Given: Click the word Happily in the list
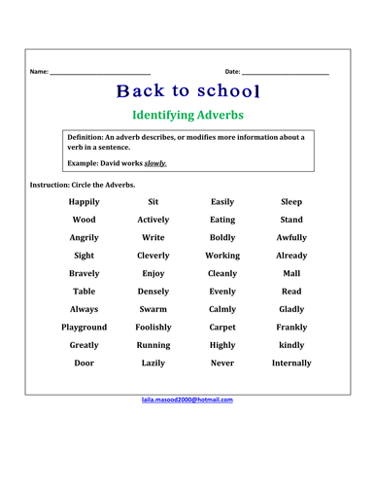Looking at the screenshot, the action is (x=85, y=202).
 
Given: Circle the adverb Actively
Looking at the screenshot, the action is (x=153, y=220).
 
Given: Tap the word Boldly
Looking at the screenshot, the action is (x=222, y=238).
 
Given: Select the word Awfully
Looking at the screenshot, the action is (x=291, y=238).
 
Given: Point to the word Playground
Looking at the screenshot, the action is (x=85, y=328).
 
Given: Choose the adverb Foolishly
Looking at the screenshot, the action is (x=153, y=328).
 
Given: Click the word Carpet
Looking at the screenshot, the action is (x=222, y=328).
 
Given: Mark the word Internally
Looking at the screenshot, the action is (x=291, y=364).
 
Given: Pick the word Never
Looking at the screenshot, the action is (x=222, y=364).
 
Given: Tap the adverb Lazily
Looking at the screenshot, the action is (x=153, y=364).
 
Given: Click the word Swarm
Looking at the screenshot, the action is (x=153, y=309).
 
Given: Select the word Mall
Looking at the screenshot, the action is (x=291, y=274).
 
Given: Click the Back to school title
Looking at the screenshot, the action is (x=187, y=92).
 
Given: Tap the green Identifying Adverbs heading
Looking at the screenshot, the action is (x=187, y=116).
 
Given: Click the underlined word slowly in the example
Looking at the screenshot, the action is (x=155, y=163).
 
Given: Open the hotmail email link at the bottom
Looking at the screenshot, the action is (x=187, y=399).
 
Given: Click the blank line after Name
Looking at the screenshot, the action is (x=100, y=73).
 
